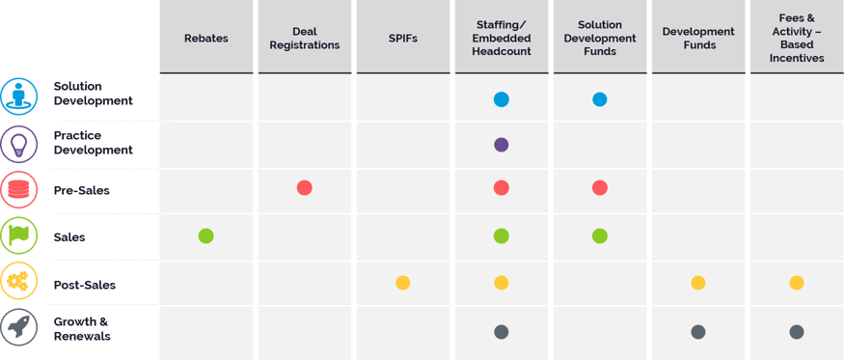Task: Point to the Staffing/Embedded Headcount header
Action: point(501,38)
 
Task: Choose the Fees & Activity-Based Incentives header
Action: point(796,38)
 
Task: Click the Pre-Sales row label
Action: point(81,190)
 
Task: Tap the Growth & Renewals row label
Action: point(83,330)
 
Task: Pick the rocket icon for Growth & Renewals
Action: point(18,330)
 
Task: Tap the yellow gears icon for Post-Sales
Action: point(18,284)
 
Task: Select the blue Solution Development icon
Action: point(18,97)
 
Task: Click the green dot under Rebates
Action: point(205,235)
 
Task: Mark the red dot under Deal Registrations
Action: point(304,188)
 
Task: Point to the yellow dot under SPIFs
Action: point(402,283)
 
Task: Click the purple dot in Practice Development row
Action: point(501,145)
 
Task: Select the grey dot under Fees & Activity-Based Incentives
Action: point(796,332)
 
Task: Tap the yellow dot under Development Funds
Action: point(697,283)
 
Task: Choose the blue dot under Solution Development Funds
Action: point(599,98)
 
